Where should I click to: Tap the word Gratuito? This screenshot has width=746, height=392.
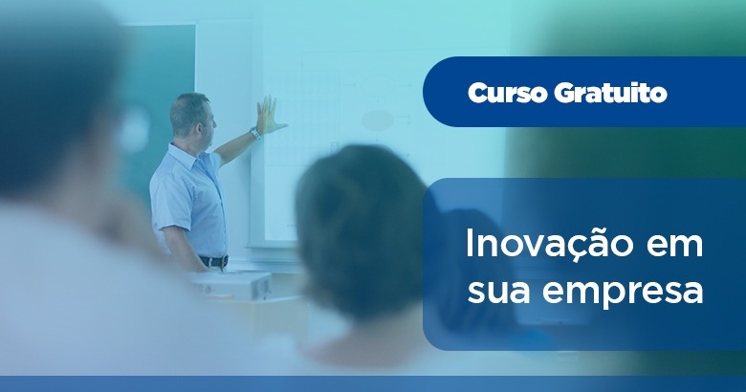click(x=610, y=93)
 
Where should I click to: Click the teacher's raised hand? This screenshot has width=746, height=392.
click(x=269, y=116)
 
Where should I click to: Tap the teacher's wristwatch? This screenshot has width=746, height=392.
click(x=255, y=134)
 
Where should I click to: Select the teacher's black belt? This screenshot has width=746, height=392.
click(x=214, y=261)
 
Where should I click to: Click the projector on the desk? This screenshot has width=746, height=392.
click(x=230, y=285)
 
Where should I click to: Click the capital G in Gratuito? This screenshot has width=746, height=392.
click(x=565, y=93)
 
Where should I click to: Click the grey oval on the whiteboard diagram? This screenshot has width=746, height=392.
click(x=377, y=120)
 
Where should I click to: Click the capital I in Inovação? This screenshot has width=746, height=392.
click(x=469, y=244)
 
